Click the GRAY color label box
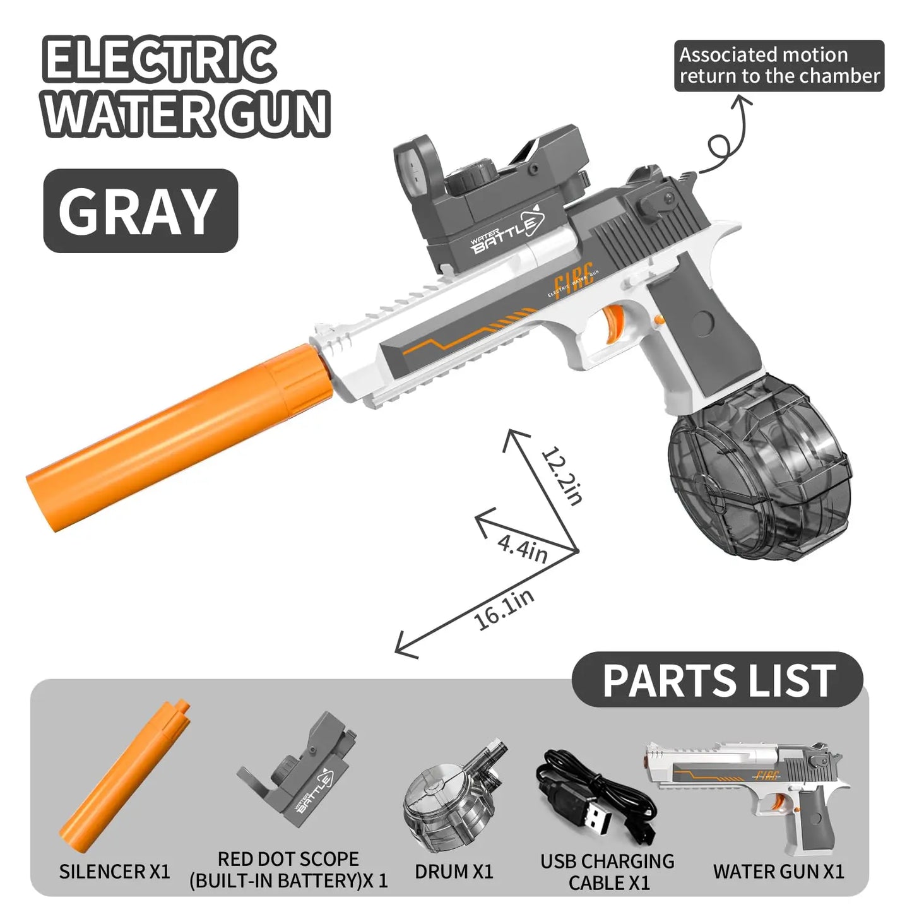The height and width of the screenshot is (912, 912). click(x=140, y=211)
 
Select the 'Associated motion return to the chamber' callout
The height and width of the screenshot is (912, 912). click(x=779, y=66)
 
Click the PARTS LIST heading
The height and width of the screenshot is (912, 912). click(x=718, y=681)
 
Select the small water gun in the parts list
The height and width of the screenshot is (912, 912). click(x=751, y=789)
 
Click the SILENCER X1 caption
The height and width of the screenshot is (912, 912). click(x=115, y=872)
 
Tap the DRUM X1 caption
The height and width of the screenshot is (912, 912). click(x=454, y=872)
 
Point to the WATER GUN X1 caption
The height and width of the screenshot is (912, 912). click(x=778, y=872)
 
